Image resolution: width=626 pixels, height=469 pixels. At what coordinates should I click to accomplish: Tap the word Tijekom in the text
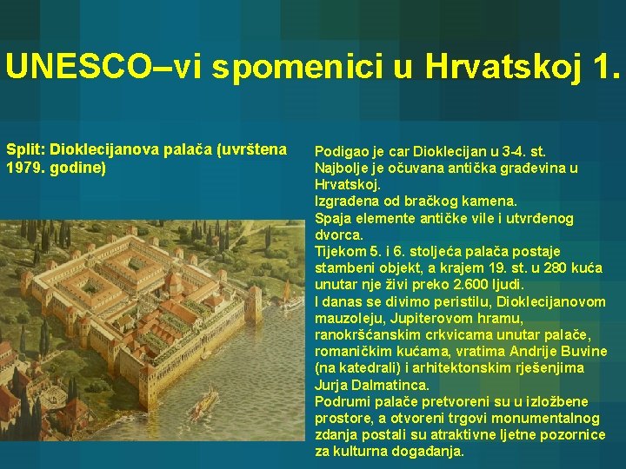coord(340,251)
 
